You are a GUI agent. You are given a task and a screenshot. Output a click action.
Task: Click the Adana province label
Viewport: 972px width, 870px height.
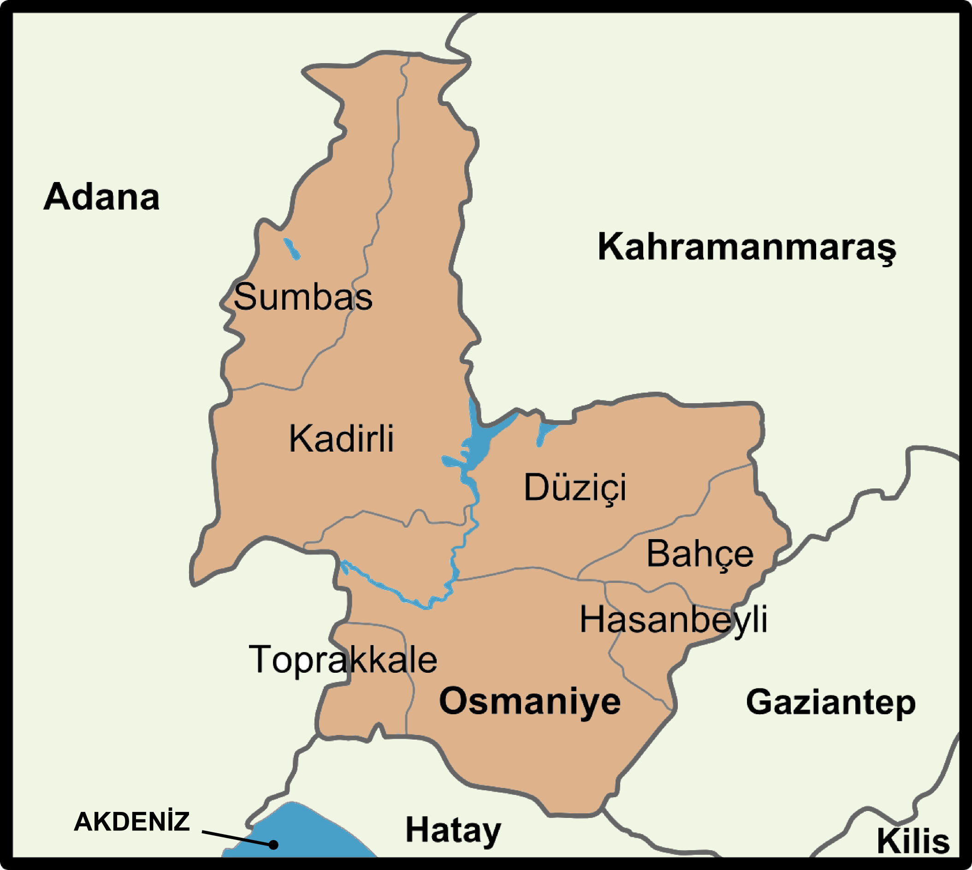[101, 197]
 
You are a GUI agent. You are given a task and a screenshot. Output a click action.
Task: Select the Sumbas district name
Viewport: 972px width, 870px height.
[303, 297]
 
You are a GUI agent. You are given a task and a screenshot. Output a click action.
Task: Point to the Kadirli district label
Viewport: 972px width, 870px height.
[341, 438]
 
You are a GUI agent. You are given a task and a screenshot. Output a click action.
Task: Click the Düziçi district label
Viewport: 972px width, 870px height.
[575, 488]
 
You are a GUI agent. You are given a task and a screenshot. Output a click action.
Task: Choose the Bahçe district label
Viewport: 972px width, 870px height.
[700, 554]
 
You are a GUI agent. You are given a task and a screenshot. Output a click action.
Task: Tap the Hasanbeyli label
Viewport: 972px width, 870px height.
[674, 620]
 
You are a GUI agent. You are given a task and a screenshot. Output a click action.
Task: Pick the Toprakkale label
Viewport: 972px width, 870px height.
[343, 660]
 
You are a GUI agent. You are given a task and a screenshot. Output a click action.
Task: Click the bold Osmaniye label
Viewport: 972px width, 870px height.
[530, 702]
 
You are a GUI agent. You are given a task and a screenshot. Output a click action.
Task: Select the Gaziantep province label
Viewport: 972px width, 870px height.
[831, 703]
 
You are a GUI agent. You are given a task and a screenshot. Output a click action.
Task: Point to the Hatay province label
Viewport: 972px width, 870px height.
[453, 830]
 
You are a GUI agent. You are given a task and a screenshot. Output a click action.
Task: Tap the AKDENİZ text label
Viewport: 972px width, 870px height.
[131, 822]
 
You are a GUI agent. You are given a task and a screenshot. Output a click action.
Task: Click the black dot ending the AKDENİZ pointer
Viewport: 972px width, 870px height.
[273, 845]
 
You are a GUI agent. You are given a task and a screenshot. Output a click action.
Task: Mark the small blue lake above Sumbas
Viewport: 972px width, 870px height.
[291, 248]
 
